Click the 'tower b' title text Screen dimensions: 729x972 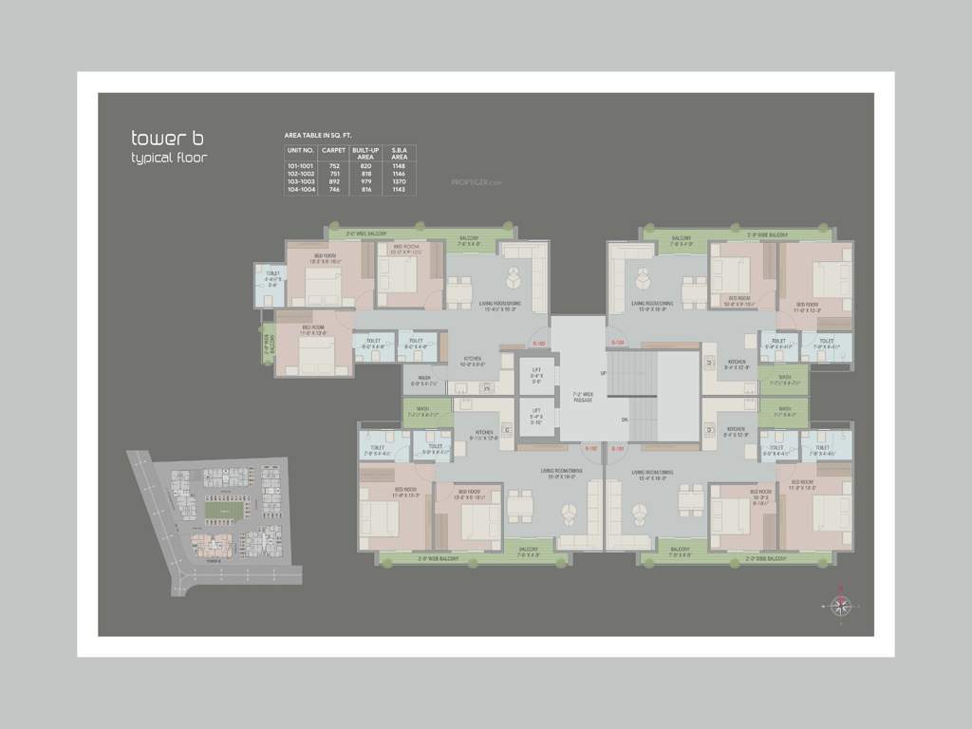[x=161, y=139]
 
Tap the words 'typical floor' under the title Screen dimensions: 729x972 [x=169, y=158]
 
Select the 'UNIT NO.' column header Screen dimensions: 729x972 [x=300, y=151]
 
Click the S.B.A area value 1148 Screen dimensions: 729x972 [x=398, y=166]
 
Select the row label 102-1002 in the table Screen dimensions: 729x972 [x=300, y=174]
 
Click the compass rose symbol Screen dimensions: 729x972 [x=839, y=605]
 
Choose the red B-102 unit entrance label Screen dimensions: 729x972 [x=590, y=447]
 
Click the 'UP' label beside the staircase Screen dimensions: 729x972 [x=602, y=373]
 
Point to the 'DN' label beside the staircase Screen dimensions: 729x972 [x=624, y=419]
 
